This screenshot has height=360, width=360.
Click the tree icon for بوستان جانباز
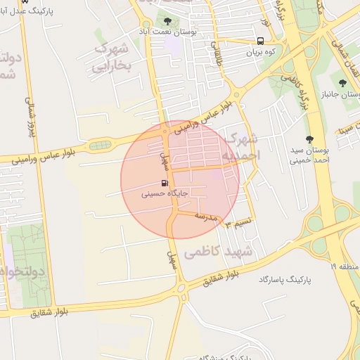pos(342,83)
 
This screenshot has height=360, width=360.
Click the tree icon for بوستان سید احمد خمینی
pos(309,139)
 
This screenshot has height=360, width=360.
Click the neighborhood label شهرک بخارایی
pos(112,56)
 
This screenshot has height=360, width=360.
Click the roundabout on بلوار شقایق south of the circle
pos(181,288)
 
